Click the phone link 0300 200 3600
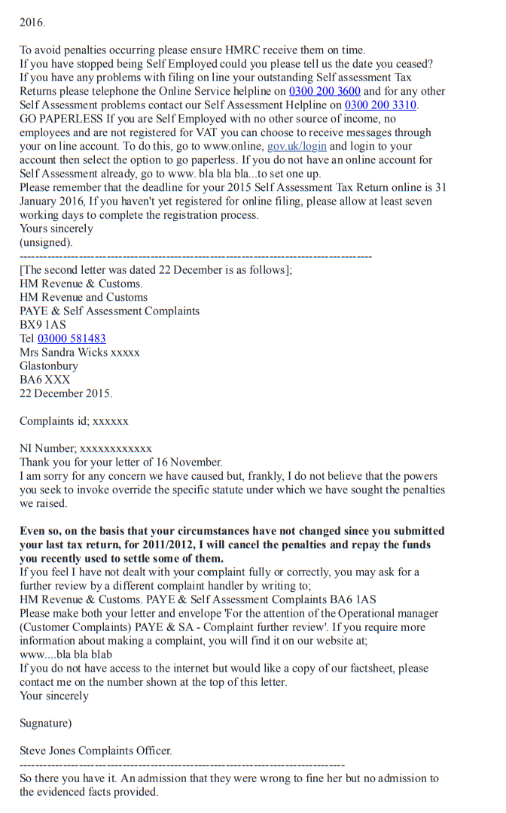tap(325, 92)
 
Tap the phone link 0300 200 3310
tap(380, 105)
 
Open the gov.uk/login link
tap(297, 147)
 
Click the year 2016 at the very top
tap(32, 23)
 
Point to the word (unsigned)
tap(46, 243)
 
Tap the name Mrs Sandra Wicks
tap(64, 353)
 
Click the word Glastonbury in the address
tap(48, 366)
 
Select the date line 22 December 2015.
tap(66, 393)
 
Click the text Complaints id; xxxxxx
tap(74, 421)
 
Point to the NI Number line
tap(85, 449)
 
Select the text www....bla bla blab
tap(66, 654)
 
